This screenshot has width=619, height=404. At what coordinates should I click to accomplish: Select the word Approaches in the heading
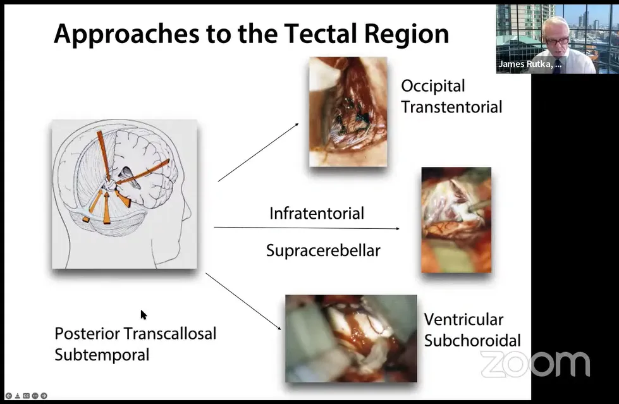tap(126, 35)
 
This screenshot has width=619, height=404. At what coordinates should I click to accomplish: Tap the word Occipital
tap(433, 87)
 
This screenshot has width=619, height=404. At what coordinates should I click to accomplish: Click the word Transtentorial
tap(451, 107)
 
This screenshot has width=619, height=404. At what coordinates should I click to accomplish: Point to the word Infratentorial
tap(317, 213)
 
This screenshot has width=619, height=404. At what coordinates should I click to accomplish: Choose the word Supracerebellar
tap(323, 251)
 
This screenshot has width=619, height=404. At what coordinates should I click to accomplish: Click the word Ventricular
tap(463, 319)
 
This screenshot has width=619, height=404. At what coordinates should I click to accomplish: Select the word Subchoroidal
tap(472, 341)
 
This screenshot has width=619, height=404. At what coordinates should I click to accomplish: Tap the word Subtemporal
tap(102, 355)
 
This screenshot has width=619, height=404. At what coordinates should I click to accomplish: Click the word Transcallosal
tap(170, 334)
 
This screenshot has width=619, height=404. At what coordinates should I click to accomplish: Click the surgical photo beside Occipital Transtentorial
tap(348, 112)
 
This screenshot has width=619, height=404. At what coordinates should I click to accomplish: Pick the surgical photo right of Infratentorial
tap(457, 220)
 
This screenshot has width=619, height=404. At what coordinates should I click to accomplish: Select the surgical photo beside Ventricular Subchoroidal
tap(351, 338)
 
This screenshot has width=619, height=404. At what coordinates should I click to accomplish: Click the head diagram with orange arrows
tap(125, 194)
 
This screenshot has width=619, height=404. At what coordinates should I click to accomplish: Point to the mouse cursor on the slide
tap(144, 315)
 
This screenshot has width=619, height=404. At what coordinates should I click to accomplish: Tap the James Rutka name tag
tap(530, 64)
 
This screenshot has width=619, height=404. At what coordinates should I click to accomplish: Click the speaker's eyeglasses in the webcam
tap(558, 40)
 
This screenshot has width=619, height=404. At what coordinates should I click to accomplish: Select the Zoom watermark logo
tap(536, 364)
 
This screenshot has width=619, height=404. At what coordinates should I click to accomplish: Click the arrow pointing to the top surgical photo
tap(258, 152)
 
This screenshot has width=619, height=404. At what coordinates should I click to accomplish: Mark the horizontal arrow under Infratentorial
tap(307, 228)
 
